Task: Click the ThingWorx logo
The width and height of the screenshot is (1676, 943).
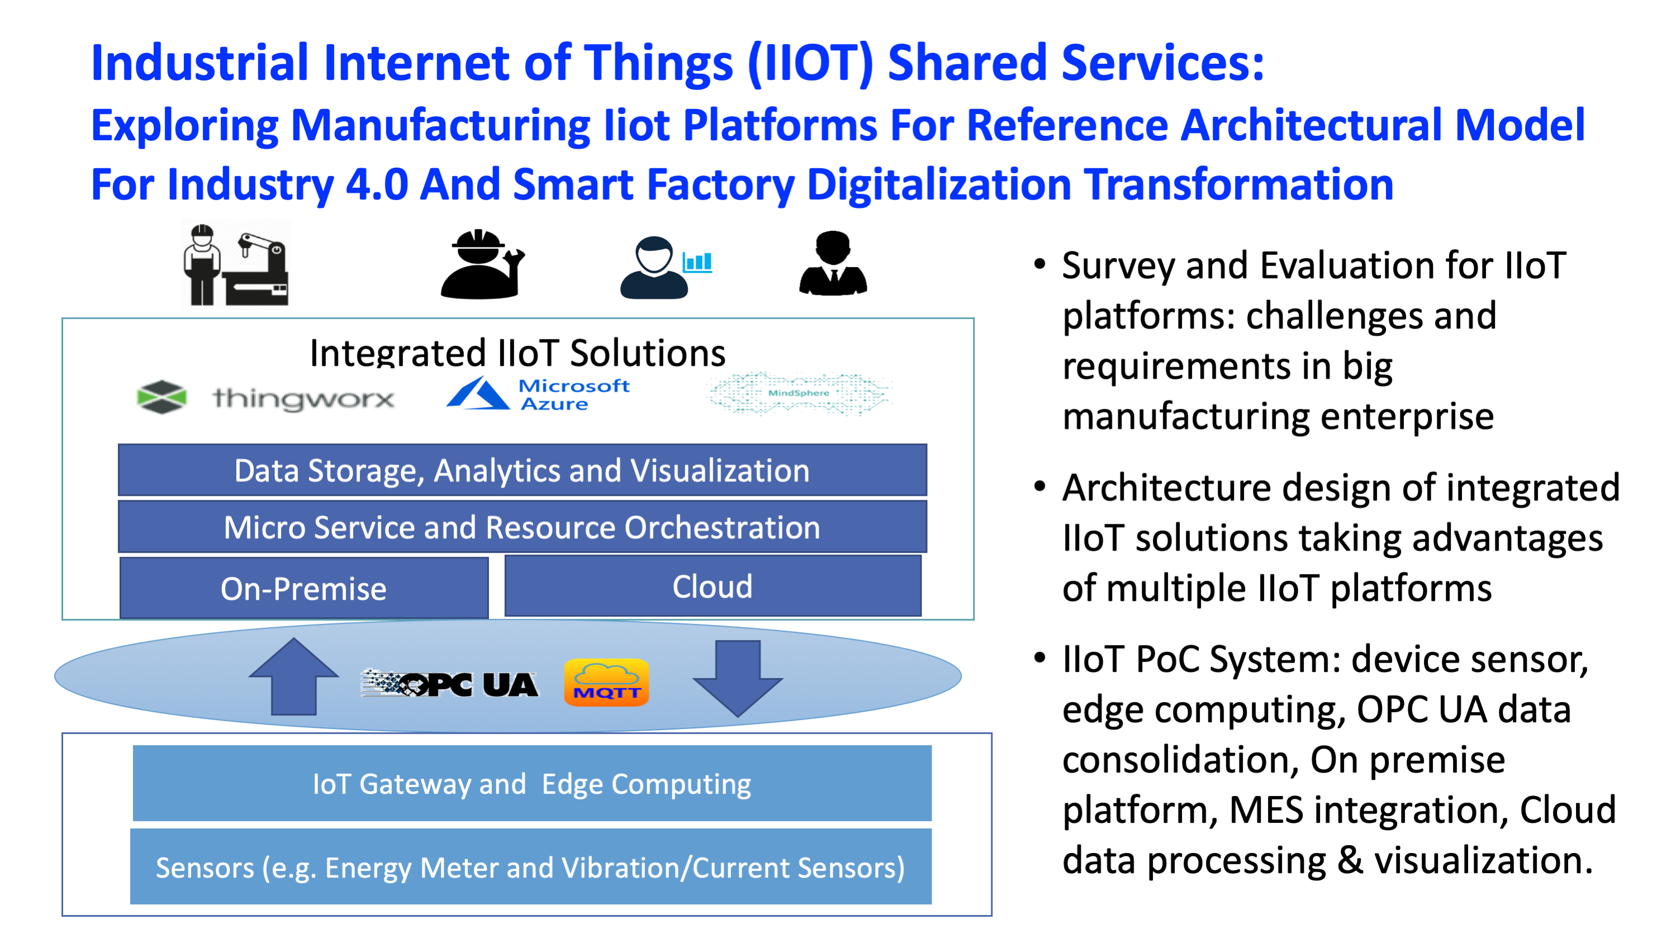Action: pos(265,396)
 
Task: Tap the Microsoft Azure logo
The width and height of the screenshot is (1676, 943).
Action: pos(538,394)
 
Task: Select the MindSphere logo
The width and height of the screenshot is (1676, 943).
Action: pos(799,393)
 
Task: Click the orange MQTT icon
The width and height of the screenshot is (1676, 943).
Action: pos(606,682)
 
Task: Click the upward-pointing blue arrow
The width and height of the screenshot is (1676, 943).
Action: pos(293,677)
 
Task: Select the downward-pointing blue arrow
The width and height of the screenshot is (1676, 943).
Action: pos(738,679)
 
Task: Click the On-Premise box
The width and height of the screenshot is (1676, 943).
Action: pos(304,587)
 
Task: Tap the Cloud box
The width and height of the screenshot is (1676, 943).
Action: pos(713,586)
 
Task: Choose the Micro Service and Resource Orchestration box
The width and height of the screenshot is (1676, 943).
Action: pos(523,527)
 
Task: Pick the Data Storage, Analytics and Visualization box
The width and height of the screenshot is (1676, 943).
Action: pos(523,470)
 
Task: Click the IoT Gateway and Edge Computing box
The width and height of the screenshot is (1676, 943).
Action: pos(532,783)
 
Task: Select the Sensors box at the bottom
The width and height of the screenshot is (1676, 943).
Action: pos(531,866)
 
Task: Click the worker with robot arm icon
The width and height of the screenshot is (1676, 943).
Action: pos(235,264)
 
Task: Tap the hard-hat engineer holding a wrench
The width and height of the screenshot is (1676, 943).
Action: pos(482,264)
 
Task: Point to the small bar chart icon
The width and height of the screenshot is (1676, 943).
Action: pos(697,262)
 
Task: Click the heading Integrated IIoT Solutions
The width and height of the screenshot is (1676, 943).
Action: pos(518,353)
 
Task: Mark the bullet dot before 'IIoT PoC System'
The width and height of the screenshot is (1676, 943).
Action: pos(1039,658)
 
